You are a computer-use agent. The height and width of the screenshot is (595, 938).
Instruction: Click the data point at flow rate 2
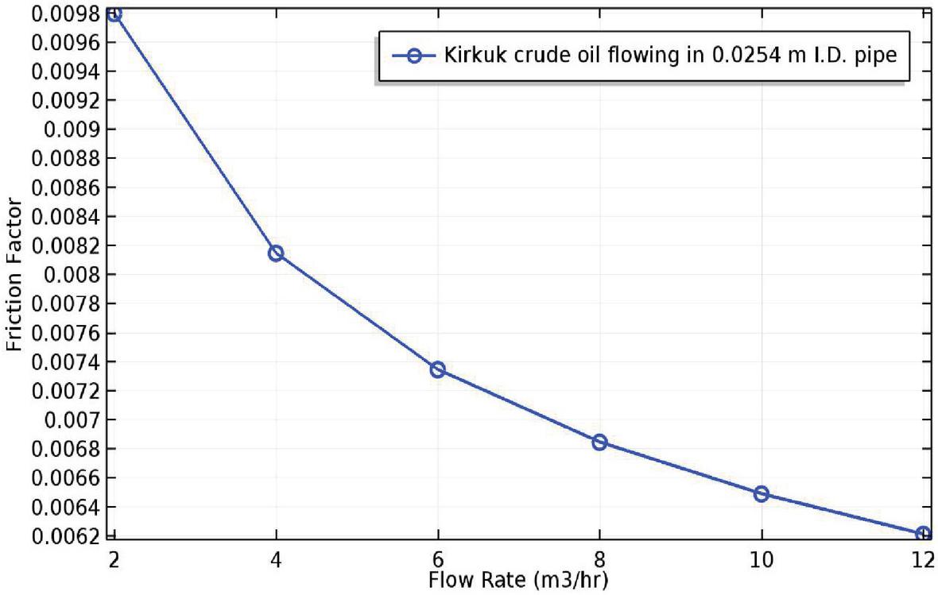click(114, 14)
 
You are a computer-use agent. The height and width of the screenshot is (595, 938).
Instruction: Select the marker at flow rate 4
click(276, 253)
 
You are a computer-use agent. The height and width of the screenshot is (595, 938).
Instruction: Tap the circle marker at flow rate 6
click(437, 369)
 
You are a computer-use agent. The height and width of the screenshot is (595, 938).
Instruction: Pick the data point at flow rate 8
click(599, 442)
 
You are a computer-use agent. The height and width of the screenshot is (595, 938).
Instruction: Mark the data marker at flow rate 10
click(762, 493)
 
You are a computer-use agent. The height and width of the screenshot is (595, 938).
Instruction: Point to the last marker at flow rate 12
click(923, 533)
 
